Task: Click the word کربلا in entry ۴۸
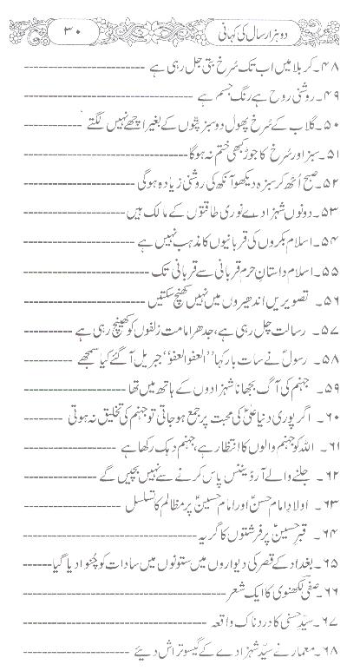click(298, 67)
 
